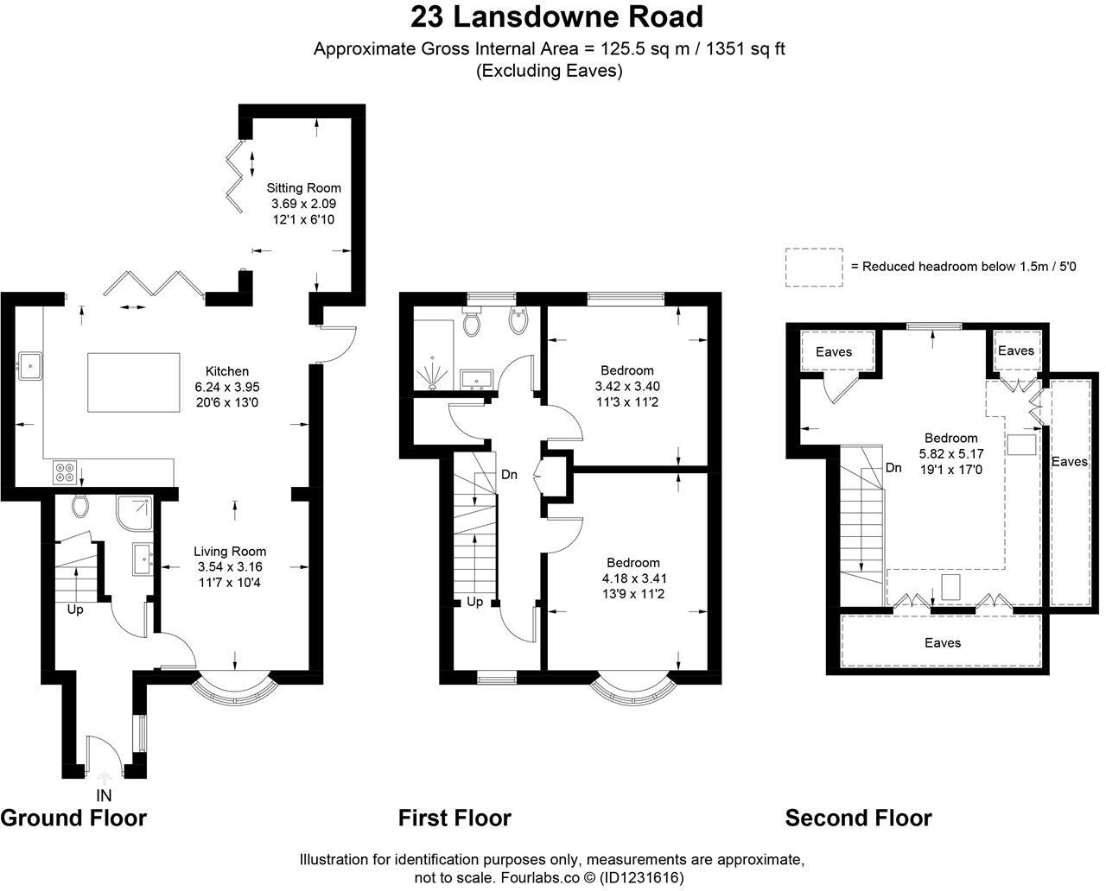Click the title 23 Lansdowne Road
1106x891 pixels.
coord(556,16)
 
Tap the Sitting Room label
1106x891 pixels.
coord(304,188)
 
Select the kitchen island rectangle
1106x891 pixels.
coord(134,382)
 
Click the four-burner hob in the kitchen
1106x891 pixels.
coord(66,472)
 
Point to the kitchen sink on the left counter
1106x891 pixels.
coord(30,366)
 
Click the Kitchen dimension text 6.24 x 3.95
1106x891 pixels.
coord(227,387)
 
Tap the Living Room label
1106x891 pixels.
coord(230,551)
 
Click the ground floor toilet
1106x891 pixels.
coord(79,506)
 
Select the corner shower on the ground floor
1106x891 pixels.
coord(135,513)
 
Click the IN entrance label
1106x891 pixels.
coord(104,795)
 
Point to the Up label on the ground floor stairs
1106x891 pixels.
coord(75,610)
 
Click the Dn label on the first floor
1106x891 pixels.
coord(509,475)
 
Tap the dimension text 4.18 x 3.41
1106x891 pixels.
coord(634,578)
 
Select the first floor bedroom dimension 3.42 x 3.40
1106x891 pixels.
coord(627,386)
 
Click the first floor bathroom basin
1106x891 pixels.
coord(477,380)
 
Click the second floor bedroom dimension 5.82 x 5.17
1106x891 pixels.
coord(951,454)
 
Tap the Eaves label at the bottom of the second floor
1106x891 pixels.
coord(943,642)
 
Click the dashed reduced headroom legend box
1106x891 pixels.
coord(814,267)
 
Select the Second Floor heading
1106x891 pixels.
coord(858,818)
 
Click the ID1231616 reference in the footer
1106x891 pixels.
coord(642,877)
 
